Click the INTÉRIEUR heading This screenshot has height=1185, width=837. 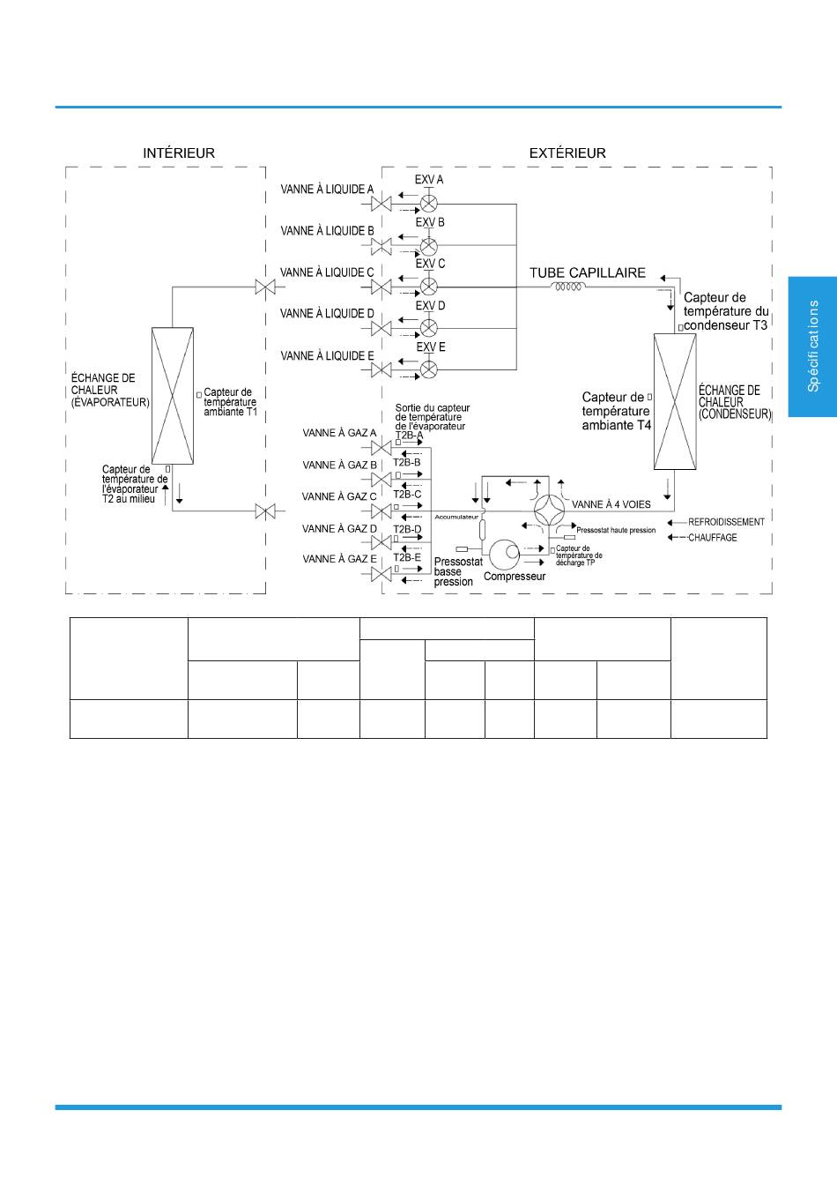pos(179,153)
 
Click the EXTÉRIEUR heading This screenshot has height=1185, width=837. pos(567,153)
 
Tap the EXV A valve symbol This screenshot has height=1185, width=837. pos(429,204)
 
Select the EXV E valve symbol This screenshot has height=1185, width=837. pos(429,369)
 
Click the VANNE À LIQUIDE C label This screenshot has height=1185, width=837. pos(327,272)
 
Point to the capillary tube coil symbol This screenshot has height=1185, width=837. pos(568,287)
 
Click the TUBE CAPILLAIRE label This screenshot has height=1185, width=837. pos(588,273)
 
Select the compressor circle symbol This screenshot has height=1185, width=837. pos(505,555)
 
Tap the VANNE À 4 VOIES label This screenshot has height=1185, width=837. pos(611,504)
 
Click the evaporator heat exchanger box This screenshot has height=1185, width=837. pos(173,396)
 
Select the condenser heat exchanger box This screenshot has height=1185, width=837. pos(675,401)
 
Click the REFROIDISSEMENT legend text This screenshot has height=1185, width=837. pos(726,522)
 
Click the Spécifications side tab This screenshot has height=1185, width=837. pos(812,347)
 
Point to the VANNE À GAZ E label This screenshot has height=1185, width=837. pos(339,559)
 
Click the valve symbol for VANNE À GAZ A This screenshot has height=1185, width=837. pos(381,448)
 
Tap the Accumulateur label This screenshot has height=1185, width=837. pos(456,517)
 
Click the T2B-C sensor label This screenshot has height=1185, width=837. pos(407,495)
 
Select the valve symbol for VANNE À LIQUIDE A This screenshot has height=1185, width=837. pos(381,204)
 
